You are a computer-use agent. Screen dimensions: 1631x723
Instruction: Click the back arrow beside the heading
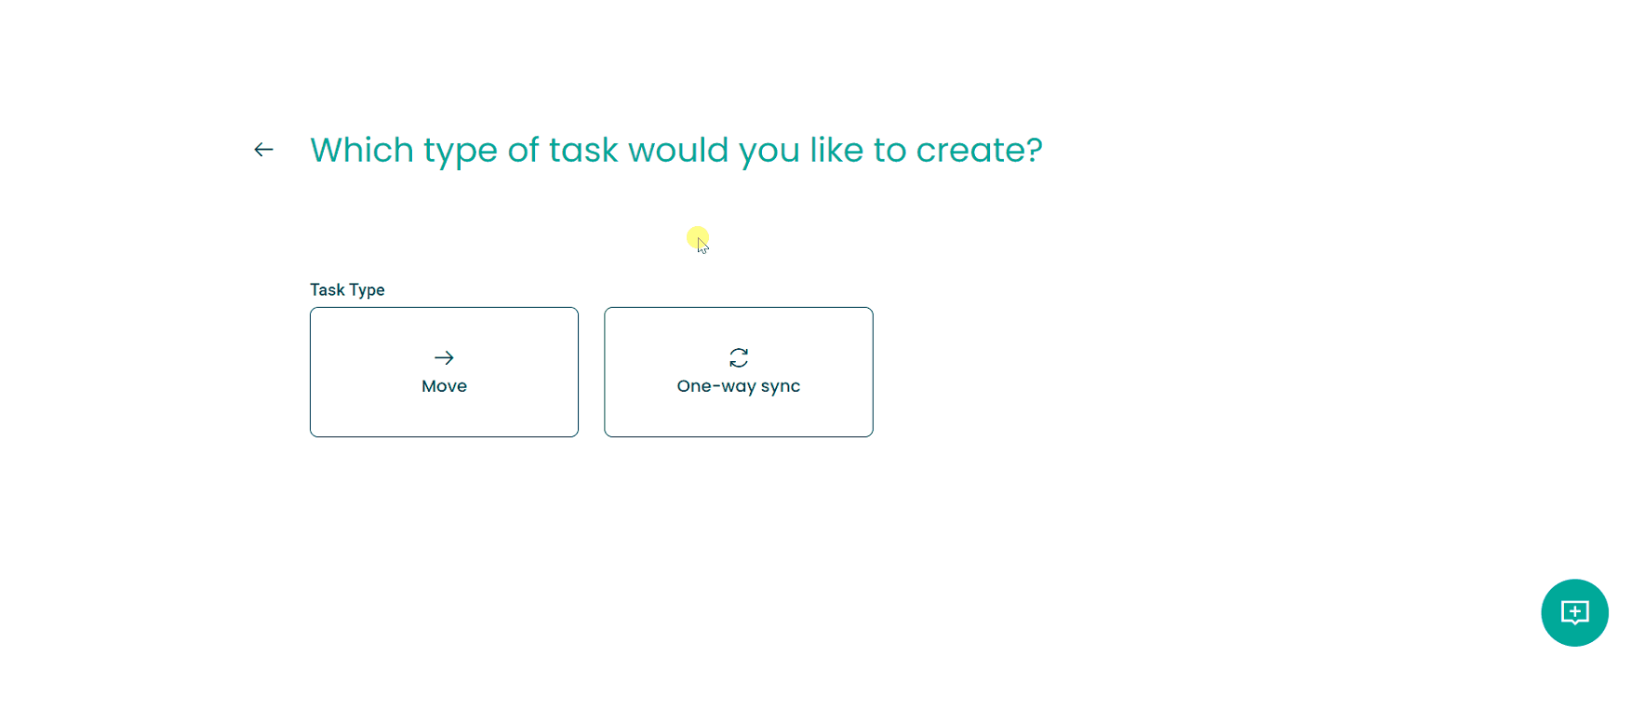point(263,150)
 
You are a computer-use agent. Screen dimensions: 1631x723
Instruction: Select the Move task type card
point(444,372)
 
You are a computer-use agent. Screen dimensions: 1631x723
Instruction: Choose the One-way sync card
point(739,372)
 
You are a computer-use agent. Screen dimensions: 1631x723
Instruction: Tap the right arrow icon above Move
point(444,357)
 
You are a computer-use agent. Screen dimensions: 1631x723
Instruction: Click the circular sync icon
point(739,357)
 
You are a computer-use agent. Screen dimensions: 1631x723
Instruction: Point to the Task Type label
point(347,290)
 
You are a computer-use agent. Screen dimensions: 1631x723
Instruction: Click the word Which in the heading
point(362,150)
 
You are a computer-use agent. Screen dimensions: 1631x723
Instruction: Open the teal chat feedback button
point(1574,612)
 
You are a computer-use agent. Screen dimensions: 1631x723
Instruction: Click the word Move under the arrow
point(444,386)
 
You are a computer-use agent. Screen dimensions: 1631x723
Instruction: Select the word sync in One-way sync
point(781,387)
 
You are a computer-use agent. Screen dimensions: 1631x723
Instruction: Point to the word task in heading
point(583,150)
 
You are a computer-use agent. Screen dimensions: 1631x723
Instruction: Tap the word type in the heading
point(461,152)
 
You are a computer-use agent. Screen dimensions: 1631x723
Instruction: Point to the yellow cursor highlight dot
point(698,237)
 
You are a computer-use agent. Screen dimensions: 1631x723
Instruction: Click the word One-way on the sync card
point(716,387)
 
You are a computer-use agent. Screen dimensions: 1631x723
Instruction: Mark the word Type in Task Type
point(367,290)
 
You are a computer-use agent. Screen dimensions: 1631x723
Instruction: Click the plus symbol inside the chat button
point(1574,611)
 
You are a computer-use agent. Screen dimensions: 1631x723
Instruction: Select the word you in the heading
point(769,153)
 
